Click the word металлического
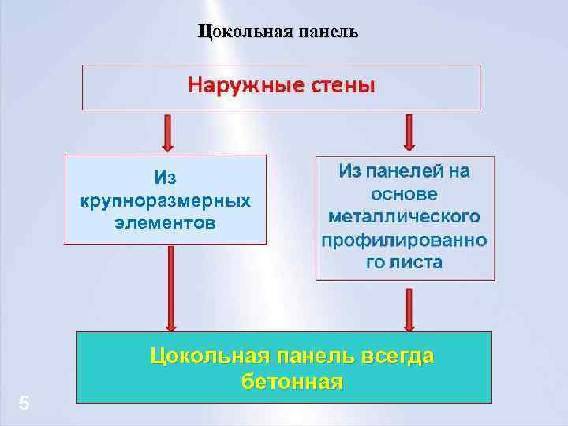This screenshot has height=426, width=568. tap(404, 216)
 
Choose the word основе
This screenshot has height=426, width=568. tap(404, 193)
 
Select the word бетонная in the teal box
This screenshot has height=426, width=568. tap(293, 383)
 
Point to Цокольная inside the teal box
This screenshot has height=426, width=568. tap(203, 357)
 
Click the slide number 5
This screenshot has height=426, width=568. tap(24, 405)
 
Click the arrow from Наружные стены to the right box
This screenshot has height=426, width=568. tap(409, 133)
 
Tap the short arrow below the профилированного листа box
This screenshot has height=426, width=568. tap(409, 308)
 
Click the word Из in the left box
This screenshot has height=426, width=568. tap(166, 178)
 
